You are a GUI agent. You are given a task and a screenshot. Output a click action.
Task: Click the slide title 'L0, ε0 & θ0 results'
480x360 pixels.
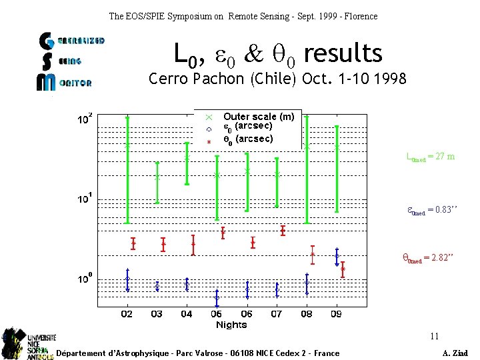277,53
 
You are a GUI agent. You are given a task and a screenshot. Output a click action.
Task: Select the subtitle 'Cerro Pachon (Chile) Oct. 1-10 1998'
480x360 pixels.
277,79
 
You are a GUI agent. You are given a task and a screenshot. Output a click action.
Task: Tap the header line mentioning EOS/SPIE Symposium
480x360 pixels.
243,15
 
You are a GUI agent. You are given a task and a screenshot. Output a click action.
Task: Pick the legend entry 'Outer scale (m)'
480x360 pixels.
258,117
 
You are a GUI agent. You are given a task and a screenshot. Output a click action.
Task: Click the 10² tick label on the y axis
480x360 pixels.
85,119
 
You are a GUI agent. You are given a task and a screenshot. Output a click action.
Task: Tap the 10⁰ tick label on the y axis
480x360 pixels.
85,279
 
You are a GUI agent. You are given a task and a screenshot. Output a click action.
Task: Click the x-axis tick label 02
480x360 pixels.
127,314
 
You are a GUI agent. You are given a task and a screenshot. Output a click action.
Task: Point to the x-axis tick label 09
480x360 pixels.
337,314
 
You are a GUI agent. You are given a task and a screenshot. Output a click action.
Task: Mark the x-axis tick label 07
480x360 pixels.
277,314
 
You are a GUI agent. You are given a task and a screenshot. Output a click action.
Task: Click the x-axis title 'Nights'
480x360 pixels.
231,325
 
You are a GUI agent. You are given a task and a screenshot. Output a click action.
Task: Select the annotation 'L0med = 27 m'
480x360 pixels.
431,157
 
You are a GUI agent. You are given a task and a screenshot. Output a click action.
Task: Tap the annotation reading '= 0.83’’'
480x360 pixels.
431,210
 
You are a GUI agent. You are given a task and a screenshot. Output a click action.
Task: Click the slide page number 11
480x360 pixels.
434,336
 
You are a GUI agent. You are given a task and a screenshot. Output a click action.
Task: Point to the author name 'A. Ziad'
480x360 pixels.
455,353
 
